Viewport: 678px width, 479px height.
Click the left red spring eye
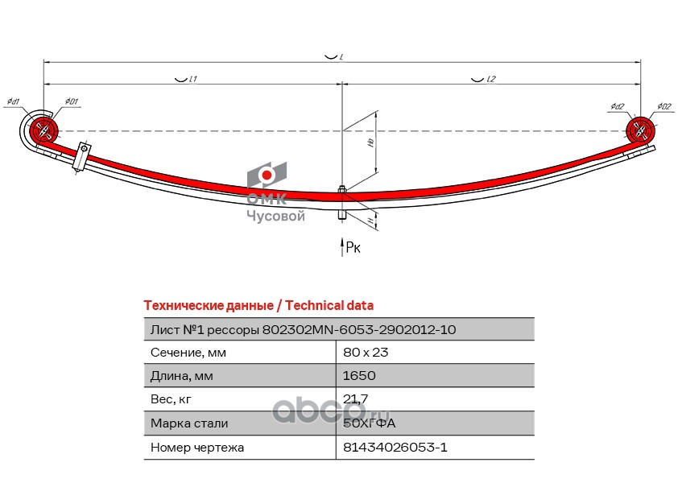pos(43,130)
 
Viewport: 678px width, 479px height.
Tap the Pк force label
pos(353,248)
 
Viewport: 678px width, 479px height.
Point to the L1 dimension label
pos(193,80)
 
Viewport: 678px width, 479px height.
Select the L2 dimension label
pos(490,80)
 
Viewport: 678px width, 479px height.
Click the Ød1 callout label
pos(14,101)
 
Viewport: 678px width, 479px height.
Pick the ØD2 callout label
pos(664,106)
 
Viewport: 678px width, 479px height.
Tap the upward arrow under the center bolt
pos(341,246)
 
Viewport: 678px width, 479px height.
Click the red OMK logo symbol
pos(266,175)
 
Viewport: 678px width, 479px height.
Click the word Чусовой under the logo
pos(275,216)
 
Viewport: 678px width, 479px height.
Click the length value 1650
pos(359,375)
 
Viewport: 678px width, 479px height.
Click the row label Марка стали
pos(189,423)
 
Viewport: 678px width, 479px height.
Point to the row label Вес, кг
pos(172,398)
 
